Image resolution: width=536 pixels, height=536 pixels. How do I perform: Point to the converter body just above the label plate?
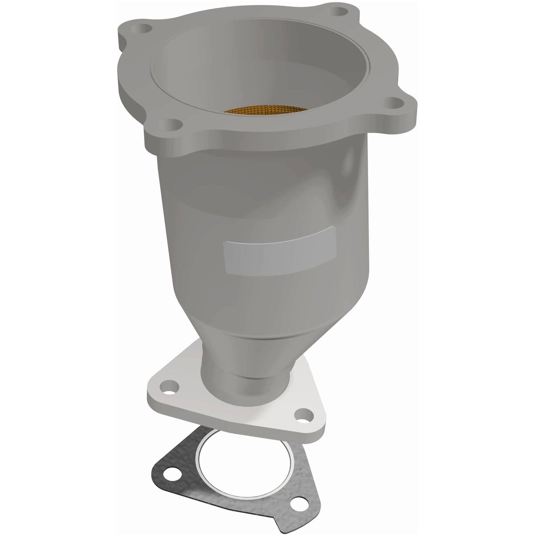(x=260, y=208)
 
